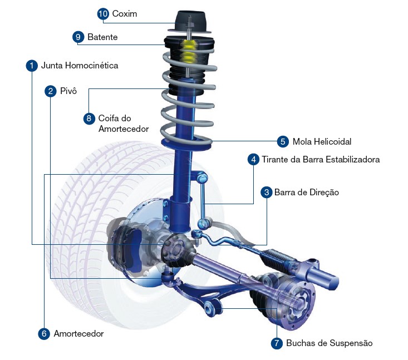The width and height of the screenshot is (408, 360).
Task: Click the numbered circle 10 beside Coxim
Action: pos(103,13)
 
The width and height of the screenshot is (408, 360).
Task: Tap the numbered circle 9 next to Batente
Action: pos(78,37)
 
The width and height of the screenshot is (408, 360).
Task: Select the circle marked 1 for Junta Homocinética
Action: pos(32,65)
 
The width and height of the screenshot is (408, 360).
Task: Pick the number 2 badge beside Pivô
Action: pos(51,91)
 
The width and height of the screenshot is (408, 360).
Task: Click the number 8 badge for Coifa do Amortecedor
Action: pos(89,119)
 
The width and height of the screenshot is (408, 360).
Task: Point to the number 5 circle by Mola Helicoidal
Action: pos(283,141)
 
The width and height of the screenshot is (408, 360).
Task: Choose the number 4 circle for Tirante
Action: pos(254,159)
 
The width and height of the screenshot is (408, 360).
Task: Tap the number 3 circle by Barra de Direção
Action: pos(267,192)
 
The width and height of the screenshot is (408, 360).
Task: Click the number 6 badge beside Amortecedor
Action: pos(44,333)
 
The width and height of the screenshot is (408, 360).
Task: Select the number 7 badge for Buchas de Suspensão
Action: pos(277,343)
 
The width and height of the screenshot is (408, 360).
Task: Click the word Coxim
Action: pos(124,13)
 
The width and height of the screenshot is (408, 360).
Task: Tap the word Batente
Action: pos(102,37)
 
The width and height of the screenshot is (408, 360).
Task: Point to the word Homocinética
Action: pos(92,65)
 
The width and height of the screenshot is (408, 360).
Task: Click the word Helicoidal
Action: pos(333,141)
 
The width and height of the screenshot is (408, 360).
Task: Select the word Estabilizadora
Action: pos(353,159)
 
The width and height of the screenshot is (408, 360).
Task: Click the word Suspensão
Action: pos(351,343)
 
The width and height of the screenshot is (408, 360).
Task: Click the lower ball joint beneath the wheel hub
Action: pos(168,276)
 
